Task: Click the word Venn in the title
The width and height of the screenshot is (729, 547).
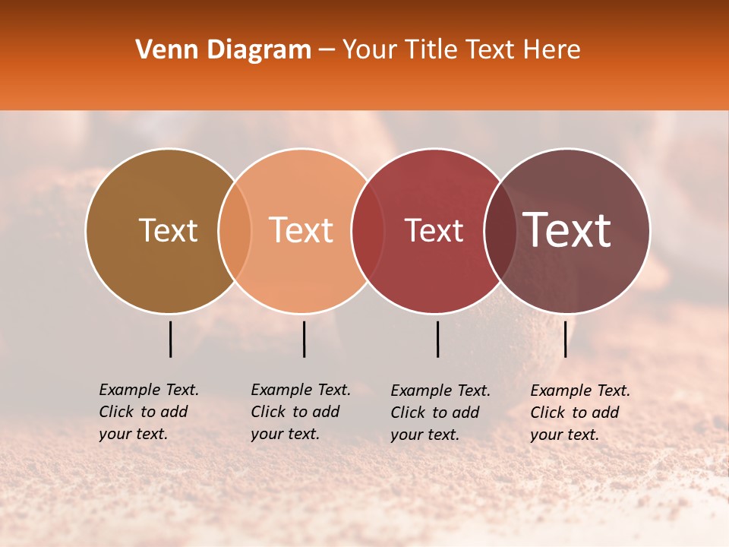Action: coord(163,50)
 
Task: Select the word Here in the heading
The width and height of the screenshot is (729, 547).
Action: coord(554,50)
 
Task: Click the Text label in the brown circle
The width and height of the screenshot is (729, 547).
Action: coord(168,230)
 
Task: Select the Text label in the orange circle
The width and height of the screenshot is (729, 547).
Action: coord(301,230)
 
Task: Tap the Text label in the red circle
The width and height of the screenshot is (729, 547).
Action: coord(434,230)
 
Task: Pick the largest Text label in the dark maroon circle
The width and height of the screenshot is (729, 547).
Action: coord(567,230)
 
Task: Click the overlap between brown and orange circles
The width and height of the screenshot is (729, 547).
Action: coord(235,230)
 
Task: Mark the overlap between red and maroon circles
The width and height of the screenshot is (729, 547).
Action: coord(498,230)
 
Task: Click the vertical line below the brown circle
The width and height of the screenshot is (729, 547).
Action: coord(170,339)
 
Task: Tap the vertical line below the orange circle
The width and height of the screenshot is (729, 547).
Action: coord(304,339)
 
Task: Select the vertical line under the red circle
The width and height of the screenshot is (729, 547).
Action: coord(437,339)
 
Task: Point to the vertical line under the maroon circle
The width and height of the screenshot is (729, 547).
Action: coord(565,339)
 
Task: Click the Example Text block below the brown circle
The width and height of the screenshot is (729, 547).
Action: coord(149,412)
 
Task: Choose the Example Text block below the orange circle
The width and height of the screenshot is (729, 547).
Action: coord(301,412)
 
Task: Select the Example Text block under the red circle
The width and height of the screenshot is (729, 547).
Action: coord(440,413)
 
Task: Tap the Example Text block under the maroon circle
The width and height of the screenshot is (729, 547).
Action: coord(580,413)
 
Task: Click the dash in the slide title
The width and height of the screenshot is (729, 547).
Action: coord(327,51)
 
